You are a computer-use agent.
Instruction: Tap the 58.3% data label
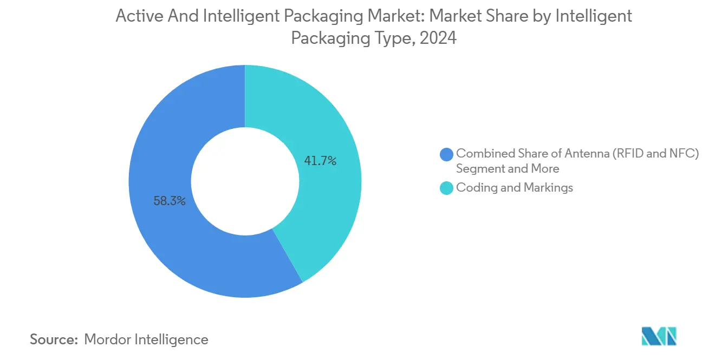[x=170, y=201]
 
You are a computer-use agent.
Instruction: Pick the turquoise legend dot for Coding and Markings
[x=447, y=188]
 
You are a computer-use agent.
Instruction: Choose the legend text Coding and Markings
[x=515, y=188]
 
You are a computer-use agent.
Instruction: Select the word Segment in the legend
[x=479, y=169]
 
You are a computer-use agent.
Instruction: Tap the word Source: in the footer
[x=54, y=339]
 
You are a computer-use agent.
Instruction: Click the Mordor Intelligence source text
[x=146, y=339]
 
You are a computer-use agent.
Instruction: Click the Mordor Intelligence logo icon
[x=659, y=336]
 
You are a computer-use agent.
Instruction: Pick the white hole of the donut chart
[x=245, y=181]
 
